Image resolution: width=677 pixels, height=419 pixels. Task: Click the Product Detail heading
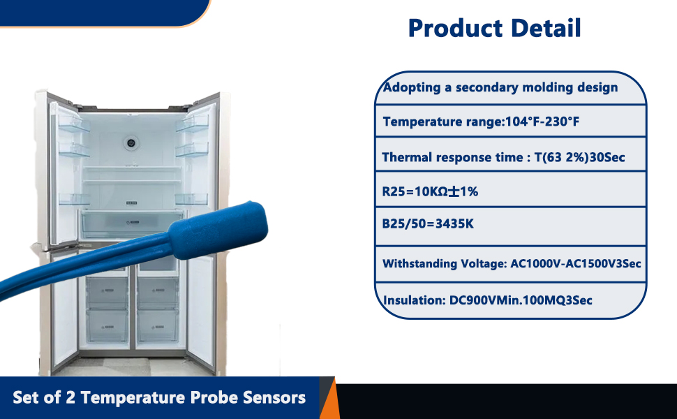[494, 28]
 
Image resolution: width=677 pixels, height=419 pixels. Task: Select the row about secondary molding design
[500, 87]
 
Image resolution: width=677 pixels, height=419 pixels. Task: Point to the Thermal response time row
[503, 157]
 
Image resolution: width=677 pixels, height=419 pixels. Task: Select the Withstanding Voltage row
[512, 264]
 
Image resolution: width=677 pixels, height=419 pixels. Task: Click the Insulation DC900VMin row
[488, 300]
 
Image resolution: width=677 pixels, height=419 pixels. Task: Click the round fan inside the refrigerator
[130, 143]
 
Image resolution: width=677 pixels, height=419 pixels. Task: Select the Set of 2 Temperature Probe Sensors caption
[159, 398]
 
